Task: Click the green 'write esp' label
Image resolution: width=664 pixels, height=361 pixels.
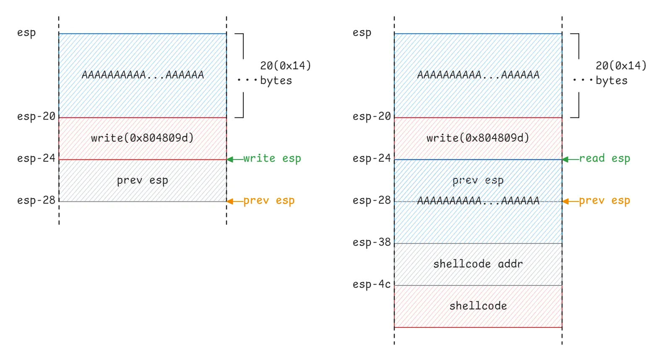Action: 272,159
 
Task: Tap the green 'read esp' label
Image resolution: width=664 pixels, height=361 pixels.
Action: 604,159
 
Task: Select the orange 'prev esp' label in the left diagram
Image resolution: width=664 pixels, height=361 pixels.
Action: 268,201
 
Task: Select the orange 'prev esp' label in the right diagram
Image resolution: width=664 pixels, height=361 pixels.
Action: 604,201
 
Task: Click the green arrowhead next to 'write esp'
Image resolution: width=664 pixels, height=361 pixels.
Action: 230,160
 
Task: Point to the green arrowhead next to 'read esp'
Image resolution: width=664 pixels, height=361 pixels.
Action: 565,160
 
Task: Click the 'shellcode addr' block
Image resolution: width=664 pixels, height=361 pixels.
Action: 478,264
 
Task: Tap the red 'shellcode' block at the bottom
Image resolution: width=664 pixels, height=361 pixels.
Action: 478,306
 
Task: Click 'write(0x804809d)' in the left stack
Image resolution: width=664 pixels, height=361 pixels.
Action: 142,138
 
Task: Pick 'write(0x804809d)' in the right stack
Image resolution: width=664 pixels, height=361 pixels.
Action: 478,138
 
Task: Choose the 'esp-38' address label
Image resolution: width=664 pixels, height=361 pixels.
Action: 371,243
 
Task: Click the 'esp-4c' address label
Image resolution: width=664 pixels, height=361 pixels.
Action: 371,285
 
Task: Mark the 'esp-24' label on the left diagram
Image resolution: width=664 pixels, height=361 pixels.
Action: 36,159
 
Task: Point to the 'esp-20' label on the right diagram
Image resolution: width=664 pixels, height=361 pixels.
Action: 371,117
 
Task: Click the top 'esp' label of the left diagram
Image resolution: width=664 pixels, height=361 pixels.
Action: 26,33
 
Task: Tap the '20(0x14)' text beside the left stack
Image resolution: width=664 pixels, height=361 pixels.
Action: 285,66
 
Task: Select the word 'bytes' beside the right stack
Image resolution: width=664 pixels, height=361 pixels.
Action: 611,81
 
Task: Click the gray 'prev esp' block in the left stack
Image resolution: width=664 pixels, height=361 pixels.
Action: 142,180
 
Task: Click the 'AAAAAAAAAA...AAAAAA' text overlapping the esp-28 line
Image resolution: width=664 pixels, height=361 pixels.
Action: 478,201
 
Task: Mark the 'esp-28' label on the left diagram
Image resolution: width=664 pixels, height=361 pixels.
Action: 36,201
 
